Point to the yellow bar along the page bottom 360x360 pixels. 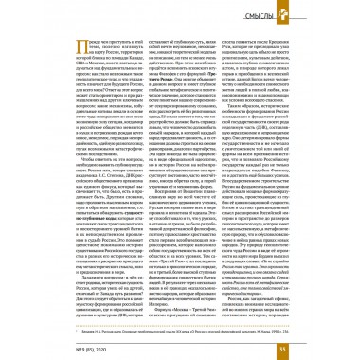pos(180,351)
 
